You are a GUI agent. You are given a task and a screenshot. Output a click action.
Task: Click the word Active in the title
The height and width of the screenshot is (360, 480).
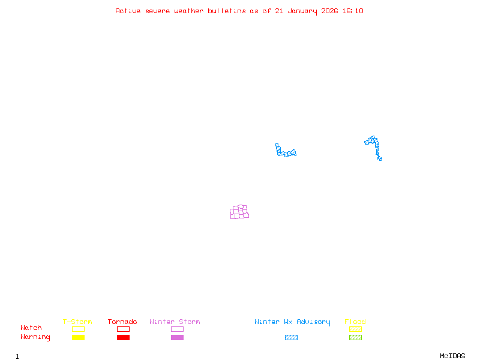click(128, 11)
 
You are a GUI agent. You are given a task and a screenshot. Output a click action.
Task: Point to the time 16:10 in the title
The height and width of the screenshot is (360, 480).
click(353, 11)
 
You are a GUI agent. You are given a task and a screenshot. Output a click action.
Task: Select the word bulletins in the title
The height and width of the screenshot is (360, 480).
click(227, 11)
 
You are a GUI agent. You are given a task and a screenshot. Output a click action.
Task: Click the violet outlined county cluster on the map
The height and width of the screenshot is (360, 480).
click(239, 212)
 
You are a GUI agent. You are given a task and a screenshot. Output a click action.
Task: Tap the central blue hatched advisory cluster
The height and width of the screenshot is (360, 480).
click(285, 152)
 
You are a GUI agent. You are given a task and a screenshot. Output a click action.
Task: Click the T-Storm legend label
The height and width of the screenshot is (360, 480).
click(77, 322)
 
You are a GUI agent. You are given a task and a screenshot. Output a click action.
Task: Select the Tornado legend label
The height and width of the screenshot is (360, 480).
click(122, 322)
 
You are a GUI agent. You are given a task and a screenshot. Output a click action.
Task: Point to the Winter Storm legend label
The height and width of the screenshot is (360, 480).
click(175, 322)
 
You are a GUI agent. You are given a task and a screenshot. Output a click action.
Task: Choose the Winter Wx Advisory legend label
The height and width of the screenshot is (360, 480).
click(292, 322)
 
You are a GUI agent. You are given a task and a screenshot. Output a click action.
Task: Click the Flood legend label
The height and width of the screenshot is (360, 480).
click(355, 322)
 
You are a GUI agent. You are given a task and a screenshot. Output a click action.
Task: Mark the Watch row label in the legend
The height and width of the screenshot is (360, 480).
click(31, 328)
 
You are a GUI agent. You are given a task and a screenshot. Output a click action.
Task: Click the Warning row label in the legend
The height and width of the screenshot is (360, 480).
click(35, 337)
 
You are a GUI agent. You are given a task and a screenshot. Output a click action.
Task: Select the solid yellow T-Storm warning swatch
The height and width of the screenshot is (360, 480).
click(78, 337)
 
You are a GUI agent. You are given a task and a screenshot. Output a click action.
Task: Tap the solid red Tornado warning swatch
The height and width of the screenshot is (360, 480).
click(123, 337)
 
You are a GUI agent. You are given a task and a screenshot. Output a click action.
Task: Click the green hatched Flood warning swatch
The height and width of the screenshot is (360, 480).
click(355, 337)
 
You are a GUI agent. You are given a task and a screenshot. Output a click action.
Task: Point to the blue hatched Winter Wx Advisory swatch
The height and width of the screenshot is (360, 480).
click(291, 337)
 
